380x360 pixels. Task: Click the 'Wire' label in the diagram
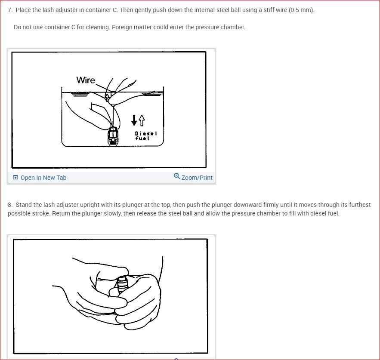pos(86,80)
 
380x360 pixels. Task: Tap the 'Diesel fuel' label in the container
pos(145,136)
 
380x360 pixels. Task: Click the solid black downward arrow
pos(134,120)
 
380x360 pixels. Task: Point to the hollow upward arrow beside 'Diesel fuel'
pos(142,120)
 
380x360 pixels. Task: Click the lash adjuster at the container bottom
pos(113,137)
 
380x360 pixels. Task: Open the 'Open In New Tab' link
pos(43,178)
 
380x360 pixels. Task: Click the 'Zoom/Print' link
pos(197,178)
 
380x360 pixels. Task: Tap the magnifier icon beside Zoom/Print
pos(177,176)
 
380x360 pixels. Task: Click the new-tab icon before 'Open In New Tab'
pos(15,178)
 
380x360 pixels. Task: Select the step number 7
pos(10,10)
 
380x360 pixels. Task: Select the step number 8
pos(10,205)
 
